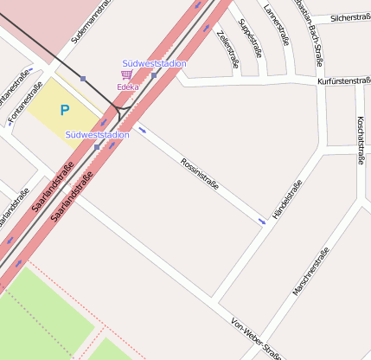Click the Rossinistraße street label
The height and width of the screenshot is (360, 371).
(x=199, y=175)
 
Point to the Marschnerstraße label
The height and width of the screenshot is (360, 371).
(x=310, y=272)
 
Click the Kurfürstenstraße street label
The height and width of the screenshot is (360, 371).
(x=344, y=80)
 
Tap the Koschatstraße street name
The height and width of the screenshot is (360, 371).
(x=359, y=138)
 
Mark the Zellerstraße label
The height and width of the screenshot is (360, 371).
(x=228, y=48)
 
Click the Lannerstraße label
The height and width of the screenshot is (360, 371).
(x=274, y=23)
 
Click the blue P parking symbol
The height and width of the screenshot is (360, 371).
(x=64, y=110)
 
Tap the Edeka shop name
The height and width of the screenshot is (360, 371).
(x=128, y=87)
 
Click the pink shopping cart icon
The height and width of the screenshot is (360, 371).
(x=126, y=76)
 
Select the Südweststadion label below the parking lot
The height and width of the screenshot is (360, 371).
(x=97, y=134)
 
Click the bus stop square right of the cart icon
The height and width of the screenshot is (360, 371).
(x=153, y=75)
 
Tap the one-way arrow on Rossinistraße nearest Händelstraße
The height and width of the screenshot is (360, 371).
(x=261, y=222)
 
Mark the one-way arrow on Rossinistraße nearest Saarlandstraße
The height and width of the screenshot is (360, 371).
(x=142, y=131)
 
